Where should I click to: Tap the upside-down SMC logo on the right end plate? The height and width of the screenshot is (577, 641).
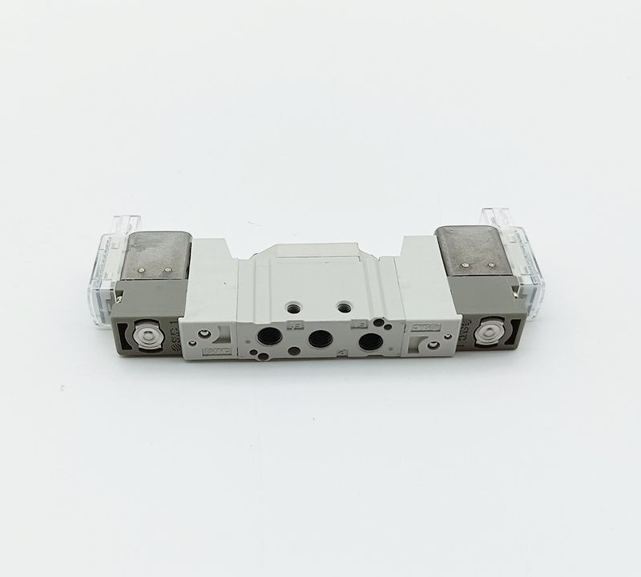click(424, 327)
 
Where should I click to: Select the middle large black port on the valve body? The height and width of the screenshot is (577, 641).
click(320, 339)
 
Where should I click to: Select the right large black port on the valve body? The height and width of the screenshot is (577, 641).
click(370, 343)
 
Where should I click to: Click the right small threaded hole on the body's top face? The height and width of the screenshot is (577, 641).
click(345, 306)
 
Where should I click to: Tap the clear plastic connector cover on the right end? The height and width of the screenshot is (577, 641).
click(513, 256)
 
